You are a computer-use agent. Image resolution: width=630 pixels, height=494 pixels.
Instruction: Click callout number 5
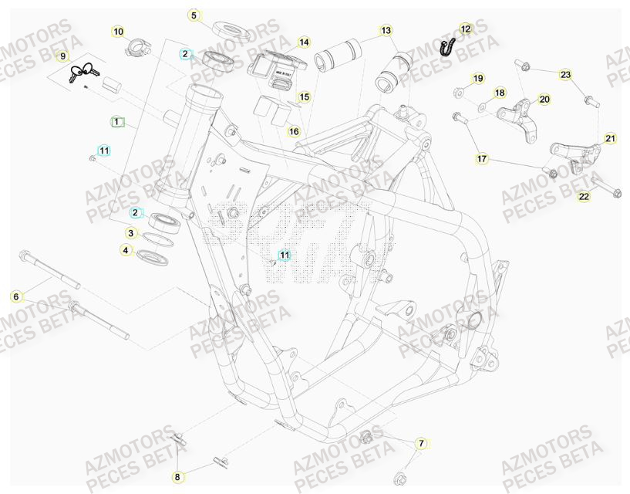point(194,15)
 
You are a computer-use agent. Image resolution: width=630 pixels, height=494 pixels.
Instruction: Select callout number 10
point(117,32)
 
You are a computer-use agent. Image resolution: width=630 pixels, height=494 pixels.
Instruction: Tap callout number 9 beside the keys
point(62,56)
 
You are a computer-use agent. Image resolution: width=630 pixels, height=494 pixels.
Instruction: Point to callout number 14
point(304,42)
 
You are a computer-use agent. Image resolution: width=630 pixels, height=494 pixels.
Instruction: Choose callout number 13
point(386,31)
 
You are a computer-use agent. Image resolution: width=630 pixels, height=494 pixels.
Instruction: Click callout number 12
point(464,29)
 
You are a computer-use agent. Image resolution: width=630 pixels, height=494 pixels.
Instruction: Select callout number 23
point(566,75)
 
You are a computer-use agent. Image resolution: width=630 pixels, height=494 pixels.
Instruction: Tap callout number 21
point(610,139)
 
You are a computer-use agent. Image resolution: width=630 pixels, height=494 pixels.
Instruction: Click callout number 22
point(584,197)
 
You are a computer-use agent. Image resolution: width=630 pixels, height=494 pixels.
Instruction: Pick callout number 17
point(482,159)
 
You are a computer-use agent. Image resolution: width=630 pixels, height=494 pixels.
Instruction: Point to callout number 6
point(15,296)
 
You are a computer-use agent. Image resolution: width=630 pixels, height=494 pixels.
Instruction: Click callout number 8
point(177,477)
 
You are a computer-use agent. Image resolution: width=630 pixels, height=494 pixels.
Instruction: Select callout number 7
point(421,443)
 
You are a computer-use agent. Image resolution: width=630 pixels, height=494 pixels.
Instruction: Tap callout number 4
point(126,250)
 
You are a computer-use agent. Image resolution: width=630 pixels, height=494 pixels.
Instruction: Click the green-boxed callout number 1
point(116,122)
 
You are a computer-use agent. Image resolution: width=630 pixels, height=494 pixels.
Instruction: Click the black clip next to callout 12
point(446,47)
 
